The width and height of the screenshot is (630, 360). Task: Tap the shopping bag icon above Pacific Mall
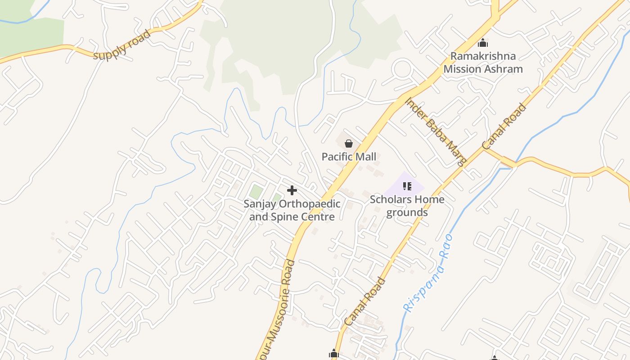pyautogui.click(x=348, y=144)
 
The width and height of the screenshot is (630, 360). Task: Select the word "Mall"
pyautogui.click(x=365, y=157)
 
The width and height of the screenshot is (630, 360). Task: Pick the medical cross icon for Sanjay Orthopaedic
pyautogui.click(x=292, y=190)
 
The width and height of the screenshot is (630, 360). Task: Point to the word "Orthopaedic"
pyautogui.click(x=309, y=204)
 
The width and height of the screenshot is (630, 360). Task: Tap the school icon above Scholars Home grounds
pyautogui.click(x=407, y=186)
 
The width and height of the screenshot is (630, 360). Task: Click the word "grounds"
pyautogui.click(x=407, y=212)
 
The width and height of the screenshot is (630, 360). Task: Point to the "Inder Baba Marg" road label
pyautogui.click(x=436, y=132)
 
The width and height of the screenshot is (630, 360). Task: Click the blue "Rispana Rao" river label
pyautogui.click(x=427, y=274)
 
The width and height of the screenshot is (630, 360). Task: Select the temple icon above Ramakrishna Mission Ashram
pyautogui.click(x=483, y=43)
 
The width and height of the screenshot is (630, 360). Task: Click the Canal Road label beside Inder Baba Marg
pyautogui.click(x=504, y=126)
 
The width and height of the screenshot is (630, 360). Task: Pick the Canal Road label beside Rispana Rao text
pyautogui.click(x=365, y=302)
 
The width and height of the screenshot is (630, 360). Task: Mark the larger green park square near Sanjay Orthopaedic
pyautogui.click(x=256, y=192)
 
